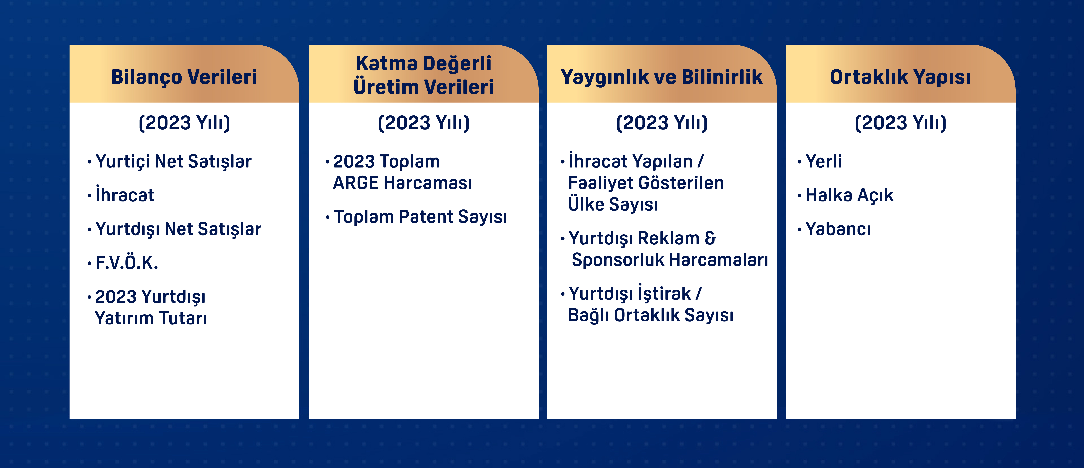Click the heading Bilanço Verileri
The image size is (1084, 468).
pos(184,77)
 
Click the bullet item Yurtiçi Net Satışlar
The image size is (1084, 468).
pos(173,161)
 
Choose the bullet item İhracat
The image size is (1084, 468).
pos(125,194)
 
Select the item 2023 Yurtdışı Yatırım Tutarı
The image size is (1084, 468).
pos(151,307)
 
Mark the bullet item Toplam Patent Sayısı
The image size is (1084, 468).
pos(420,217)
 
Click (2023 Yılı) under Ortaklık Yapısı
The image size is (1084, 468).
pos(901,123)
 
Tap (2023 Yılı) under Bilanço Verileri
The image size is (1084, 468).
pos(184,123)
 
